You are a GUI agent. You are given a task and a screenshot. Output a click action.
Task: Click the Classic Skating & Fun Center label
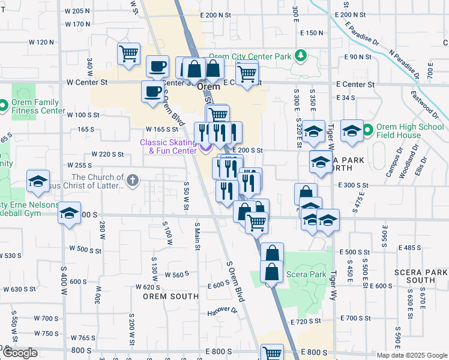click(x=168, y=146)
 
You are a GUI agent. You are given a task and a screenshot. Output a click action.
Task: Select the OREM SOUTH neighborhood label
click(x=170, y=296)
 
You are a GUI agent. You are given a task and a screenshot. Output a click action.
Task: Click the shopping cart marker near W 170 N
click(x=128, y=54)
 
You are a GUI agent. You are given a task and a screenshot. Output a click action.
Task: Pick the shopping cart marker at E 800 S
click(x=272, y=353)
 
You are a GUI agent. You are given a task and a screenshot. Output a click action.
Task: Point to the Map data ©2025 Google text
click(x=412, y=355)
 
